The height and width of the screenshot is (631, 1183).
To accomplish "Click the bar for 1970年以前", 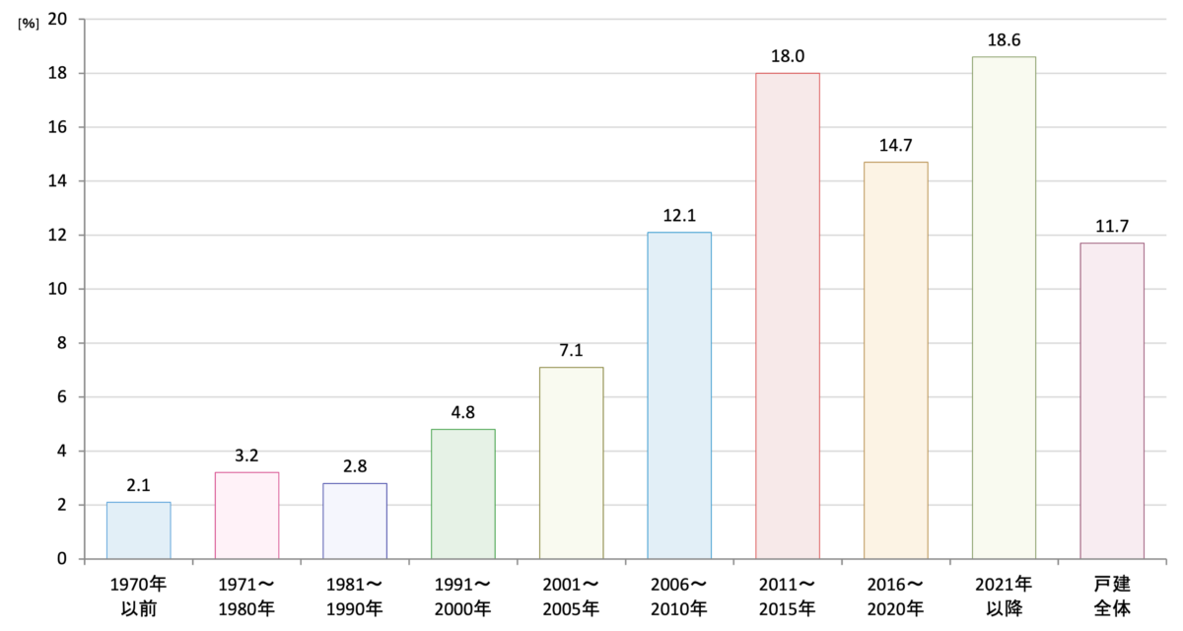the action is pyautogui.click(x=138, y=530).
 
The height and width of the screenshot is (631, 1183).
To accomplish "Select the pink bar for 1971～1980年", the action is pyautogui.click(x=246, y=516).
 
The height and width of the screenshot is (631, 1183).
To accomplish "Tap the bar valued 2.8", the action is pyautogui.click(x=355, y=521).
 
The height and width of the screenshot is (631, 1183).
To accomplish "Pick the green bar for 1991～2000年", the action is pyautogui.click(x=463, y=494).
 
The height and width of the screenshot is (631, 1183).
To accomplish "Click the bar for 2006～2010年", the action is pyautogui.click(x=679, y=395).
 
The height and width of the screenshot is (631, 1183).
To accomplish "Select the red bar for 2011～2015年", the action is pyautogui.click(x=788, y=315).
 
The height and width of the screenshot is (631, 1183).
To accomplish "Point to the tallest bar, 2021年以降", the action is pyautogui.click(x=1004, y=308).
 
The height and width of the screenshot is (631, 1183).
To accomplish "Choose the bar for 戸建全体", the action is pyautogui.click(x=1112, y=400).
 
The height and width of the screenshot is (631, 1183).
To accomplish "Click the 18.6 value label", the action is pyautogui.click(x=1004, y=40).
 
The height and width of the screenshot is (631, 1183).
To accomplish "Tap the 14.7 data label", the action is pyautogui.click(x=896, y=145).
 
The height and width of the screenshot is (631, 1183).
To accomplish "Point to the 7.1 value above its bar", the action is pyautogui.click(x=571, y=350).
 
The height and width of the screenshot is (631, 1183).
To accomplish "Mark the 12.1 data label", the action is pyautogui.click(x=679, y=216).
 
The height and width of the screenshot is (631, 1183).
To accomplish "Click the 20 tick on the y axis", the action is pyautogui.click(x=57, y=19).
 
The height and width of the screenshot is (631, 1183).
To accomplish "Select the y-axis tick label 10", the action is pyautogui.click(x=57, y=289).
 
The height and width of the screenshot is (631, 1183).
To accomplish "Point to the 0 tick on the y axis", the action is pyautogui.click(x=62, y=559).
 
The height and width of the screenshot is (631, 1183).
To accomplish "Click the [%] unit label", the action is pyautogui.click(x=29, y=24).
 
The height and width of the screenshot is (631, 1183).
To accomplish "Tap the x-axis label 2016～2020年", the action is pyautogui.click(x=896, y=596).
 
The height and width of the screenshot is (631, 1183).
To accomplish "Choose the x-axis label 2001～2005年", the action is pyautogui.click(x=571, y=596).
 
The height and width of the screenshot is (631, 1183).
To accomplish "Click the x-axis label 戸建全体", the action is pyautogui.click(x=1112, y=596).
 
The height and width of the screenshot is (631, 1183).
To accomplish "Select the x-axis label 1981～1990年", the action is pyautogui.click(x=355, y=596).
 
